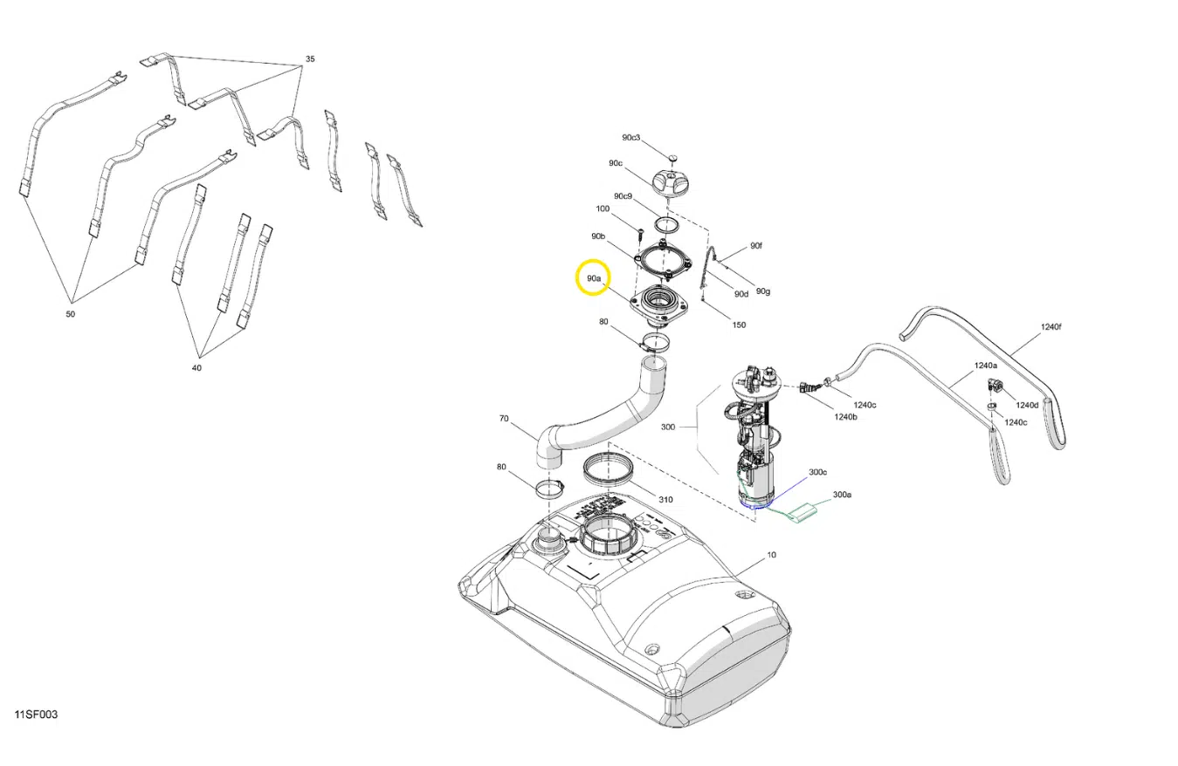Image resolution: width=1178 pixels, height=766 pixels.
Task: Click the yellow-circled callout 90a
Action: click(x=593, y=278)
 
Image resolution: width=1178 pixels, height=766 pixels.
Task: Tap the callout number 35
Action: click(x=310, y=58)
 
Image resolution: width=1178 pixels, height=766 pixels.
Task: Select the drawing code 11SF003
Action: click(x=36, y=715)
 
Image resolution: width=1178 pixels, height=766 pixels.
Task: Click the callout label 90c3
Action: click(x=631, y=138)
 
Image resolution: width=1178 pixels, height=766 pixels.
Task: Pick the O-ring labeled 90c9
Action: click(x=666, y=225)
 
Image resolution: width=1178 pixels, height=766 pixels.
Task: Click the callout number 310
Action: click(x=665, y=500)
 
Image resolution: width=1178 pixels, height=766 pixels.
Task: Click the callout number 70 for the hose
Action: click(x=504, y=419)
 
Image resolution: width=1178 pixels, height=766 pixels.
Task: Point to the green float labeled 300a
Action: click(x=801, y=513)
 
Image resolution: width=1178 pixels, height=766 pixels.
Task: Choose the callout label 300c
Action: click(x=817, y=472)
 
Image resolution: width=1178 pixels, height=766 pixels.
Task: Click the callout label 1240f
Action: click(x=1051, y=327)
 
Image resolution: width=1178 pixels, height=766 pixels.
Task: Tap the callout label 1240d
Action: click(x=1027, y=405)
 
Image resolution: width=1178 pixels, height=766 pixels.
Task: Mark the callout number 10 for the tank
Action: click(x=771, y=555)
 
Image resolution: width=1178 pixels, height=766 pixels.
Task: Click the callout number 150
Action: click(x=739, y=325)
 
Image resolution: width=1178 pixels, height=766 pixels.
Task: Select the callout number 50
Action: click(x=71, y=314)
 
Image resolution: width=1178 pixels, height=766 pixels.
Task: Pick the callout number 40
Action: click(x=196, y=368)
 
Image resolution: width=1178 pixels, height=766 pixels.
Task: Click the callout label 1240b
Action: click(x=845, y=417)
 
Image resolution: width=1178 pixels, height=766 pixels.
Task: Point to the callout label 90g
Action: click(x=763, y=291)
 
